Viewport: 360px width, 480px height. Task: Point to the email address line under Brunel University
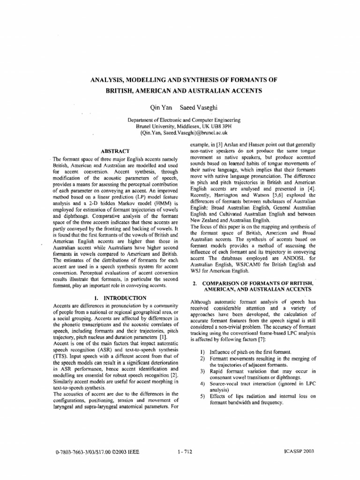click(180, 133)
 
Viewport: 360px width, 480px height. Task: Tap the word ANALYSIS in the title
click(111, 80)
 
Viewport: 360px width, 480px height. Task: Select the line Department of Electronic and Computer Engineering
click(180, 120)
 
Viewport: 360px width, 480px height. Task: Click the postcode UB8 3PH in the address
click(222, 127)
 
